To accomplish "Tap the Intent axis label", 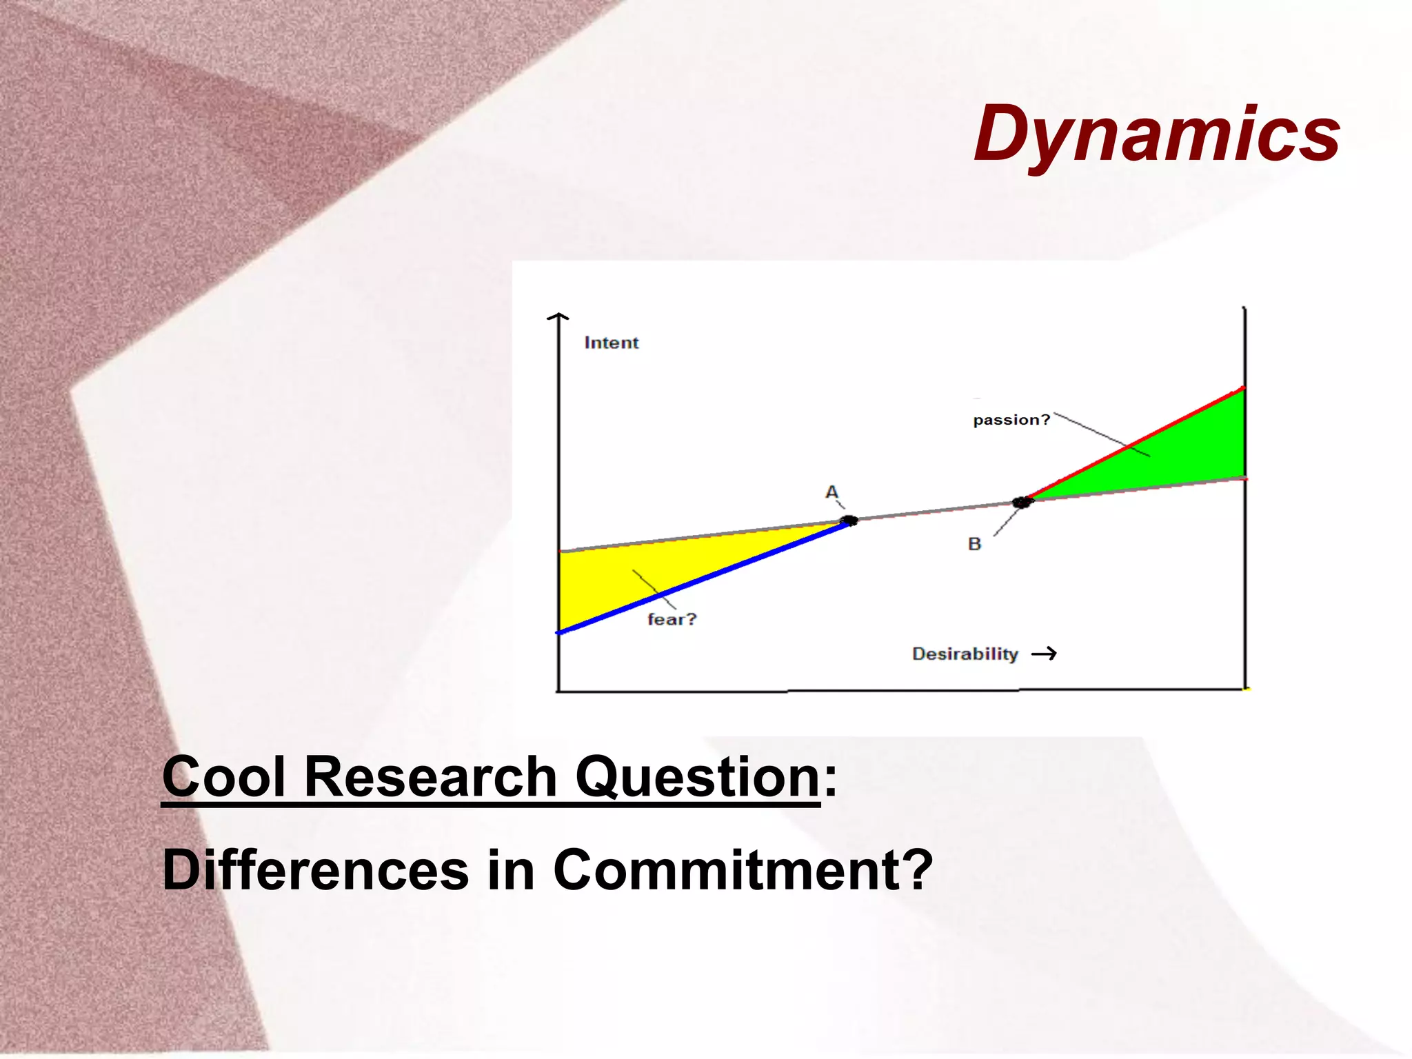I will [x=611, y=343].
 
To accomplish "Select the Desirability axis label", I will [x=965, y=654].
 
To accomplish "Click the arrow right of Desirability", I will [x=1044, y=654].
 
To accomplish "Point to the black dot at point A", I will [x=849, y=520].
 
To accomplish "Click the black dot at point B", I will [x=1022, y=502].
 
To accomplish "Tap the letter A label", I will [x=832, y=492].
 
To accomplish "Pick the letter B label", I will [x=974, y=544].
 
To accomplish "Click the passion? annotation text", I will [x=1011, y=420].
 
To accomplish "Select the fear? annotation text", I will [x=672, y=619].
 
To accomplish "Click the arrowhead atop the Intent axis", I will [x=558, y=316].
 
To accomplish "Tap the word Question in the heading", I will [x=696, y=777].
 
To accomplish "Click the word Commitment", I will [x=742, y=870].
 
